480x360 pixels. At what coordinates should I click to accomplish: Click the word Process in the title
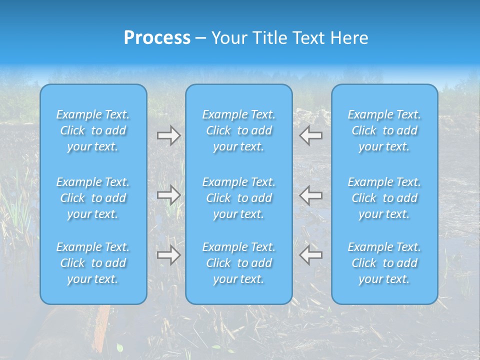coord(157,38)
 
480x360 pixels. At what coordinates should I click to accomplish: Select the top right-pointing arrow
coord(169,135)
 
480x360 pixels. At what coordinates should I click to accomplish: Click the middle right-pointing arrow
coord(169,195)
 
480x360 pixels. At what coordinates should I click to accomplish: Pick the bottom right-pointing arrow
coord(169,255)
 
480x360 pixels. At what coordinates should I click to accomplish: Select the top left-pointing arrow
coord(311,135)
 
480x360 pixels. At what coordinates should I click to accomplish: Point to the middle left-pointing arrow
coord(311,195)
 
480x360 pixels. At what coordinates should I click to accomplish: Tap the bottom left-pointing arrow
coord(311,255)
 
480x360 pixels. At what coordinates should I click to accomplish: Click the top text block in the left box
coord(93,130)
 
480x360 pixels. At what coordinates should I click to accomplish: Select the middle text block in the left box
coord(93,198)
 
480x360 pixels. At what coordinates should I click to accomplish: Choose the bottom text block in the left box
coord(93,263)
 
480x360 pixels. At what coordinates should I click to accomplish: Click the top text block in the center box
coord(239,130)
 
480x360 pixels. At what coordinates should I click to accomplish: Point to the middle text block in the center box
coord(239,198)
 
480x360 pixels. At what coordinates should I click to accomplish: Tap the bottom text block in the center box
coord(239,263)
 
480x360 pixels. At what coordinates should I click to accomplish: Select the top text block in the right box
coord(384,130)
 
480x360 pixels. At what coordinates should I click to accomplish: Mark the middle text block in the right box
coord(384,198)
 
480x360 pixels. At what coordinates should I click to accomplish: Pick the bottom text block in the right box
coord(384,263)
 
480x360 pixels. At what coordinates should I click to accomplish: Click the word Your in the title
coord(228,38)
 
